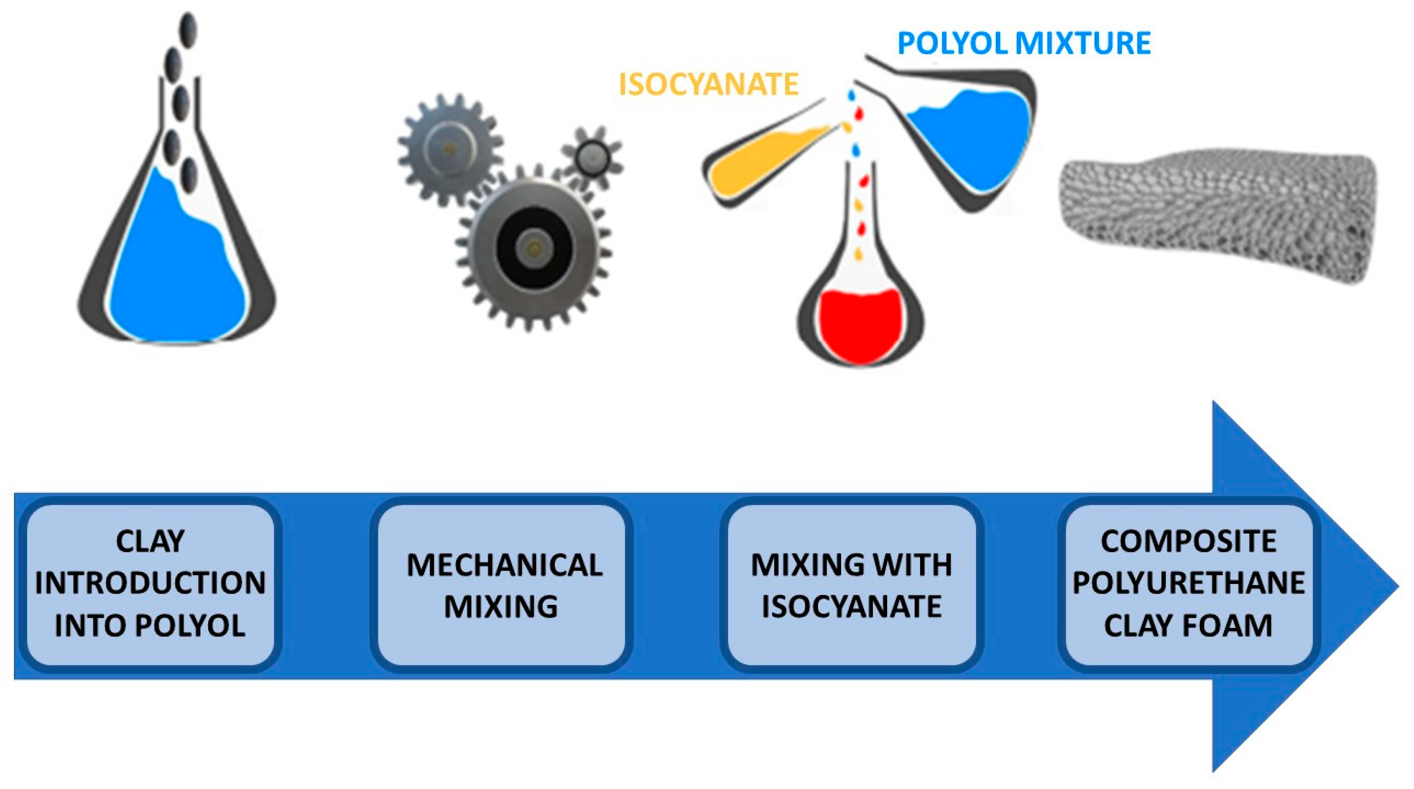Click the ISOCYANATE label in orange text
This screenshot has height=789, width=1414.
click(x=708, y=84)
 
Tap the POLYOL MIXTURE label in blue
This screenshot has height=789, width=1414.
click(x=1024, y=43)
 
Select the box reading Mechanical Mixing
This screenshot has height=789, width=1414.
click(x=502, y=585)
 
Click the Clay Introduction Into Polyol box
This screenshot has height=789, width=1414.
click(x=150, y=585)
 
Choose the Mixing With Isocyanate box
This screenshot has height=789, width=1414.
click(x=851, y=585)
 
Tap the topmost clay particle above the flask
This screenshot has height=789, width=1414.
click(x=188, y=28)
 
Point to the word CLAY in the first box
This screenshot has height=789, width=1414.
click(x=150, y=542)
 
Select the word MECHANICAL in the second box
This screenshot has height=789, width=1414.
click(x=504, y=565)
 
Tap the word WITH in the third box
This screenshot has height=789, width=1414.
click(x=906, y=565)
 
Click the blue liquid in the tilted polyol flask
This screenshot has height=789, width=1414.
click(x=972, y=137)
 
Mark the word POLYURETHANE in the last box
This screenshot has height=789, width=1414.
click(x=1188, y=583)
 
